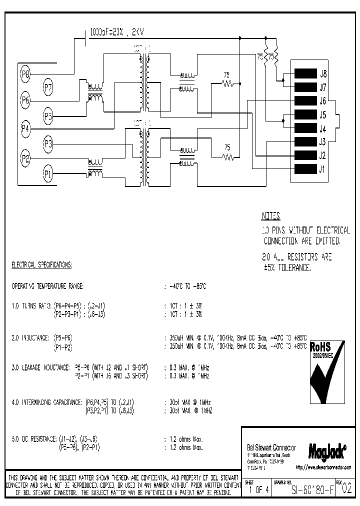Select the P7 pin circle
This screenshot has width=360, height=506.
pos(48,87)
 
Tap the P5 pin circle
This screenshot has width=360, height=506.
pos(48,117)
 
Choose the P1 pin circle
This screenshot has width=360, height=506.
pos(48,174)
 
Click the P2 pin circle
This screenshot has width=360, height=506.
pos(25,159)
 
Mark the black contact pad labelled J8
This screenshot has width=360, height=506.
pos(304,73)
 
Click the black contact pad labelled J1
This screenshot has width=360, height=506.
pos(304,168)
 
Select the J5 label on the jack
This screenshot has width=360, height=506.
pos(323,114)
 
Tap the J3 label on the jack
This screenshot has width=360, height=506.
pos(323,141)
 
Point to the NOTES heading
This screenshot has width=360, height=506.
pos(271,216)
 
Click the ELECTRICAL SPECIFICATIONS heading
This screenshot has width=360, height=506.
pos(41,264)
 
